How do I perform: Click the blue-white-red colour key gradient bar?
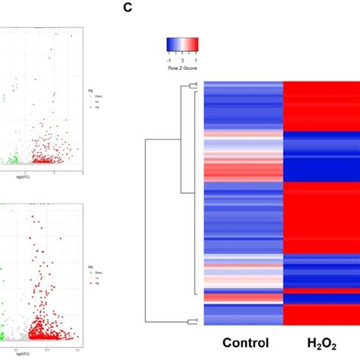click(182, 44)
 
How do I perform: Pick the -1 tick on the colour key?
click(170, 55)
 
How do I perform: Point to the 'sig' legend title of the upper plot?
click(90, 90)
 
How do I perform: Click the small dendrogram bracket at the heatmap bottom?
click(196, 322)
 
